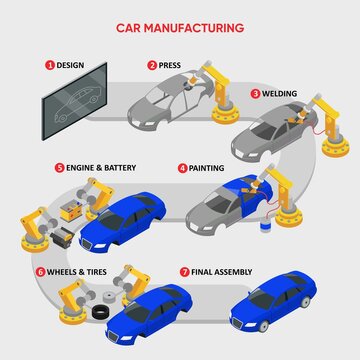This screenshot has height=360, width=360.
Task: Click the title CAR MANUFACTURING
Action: coord(180,29)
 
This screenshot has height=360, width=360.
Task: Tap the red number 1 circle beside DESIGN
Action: coord(47,65)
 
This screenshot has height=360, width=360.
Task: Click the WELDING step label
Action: coord(281,93)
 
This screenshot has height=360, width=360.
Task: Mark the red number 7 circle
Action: coord(185,271)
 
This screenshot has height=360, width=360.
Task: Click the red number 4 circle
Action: coord(181,169)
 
